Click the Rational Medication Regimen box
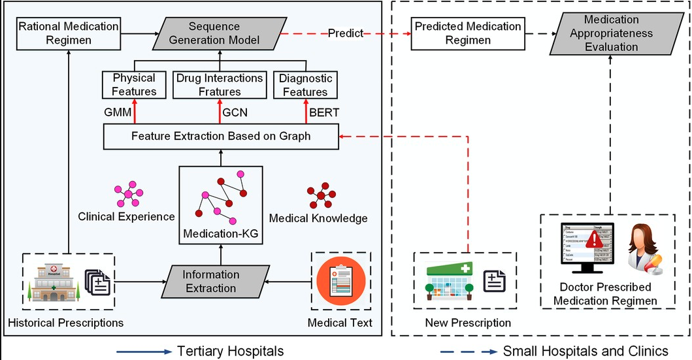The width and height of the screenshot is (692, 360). click(x=69, y=34)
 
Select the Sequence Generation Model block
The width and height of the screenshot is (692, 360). click(x=215, y=34)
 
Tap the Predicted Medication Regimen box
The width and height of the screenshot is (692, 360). click(x=468, y=34)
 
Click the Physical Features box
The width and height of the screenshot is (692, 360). click(x=134, y=85)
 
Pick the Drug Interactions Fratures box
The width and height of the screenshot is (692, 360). click(x=220, y=85)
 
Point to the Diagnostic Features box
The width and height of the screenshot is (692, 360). click(x=305, y=85)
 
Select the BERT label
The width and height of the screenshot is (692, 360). click(x=323, y=112)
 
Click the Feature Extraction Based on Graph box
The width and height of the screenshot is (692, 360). click(x=221, y=137)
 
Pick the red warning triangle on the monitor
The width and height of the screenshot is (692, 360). click(x=595, y=238)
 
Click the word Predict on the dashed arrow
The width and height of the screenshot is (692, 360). click(x=346, y=34)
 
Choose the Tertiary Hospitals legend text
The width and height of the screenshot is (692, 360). click(x=231, y=352)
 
